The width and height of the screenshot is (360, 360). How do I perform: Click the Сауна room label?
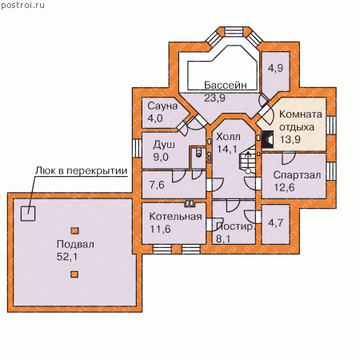point(162,106)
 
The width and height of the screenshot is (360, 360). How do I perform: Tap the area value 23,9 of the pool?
point(214,98)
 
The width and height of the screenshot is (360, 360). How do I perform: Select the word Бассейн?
point(226,85)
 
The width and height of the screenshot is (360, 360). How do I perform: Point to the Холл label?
point(228,137)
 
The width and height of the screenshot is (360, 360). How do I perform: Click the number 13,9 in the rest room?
point(290,139)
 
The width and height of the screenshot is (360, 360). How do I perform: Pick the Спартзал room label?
point(297,175)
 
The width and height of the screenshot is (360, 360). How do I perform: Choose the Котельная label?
point(175,216)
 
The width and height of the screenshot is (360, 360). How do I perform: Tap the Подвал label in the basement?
point(75,244)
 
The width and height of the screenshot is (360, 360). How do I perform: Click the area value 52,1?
point(67,257)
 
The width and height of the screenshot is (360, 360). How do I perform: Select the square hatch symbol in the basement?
point(28,214)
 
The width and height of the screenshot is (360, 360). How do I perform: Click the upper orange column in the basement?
point(74,230)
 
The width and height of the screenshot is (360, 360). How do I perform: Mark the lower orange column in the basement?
point(74,274)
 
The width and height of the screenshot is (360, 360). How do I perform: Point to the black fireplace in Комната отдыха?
point(267,139)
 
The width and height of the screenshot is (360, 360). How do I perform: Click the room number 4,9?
point(275,68)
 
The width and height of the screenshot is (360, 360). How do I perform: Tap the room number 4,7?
point(275,222)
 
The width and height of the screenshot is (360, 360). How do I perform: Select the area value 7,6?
point(157,185)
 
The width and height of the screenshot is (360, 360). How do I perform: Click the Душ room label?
point(164,145)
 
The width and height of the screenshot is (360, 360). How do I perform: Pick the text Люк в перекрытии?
point(82,170)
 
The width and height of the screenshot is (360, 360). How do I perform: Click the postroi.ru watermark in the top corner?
point(22,5)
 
